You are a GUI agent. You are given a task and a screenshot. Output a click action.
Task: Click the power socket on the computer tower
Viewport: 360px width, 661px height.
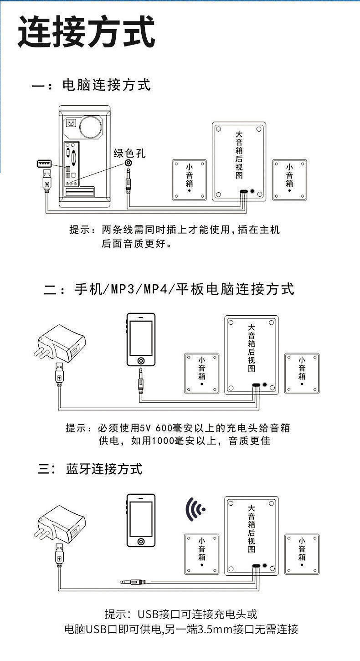(x=71, y=123)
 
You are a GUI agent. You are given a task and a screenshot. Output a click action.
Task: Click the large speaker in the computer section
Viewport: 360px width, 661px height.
(x=239, y=161)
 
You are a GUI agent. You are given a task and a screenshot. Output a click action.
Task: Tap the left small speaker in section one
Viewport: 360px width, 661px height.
(x=190, y=180)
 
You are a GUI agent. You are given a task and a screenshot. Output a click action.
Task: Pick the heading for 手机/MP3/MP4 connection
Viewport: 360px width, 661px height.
(x=184, y=289)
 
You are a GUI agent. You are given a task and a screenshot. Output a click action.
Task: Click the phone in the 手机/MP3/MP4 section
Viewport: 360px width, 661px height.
(x=141, y=339)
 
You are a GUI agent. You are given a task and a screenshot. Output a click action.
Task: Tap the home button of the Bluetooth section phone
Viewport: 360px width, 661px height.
(x=141, y=541)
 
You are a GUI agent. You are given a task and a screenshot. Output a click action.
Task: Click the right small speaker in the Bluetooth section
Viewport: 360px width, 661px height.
(x=302, y=554)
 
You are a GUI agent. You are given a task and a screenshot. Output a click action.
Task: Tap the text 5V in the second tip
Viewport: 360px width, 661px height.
(x=146, y=428)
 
